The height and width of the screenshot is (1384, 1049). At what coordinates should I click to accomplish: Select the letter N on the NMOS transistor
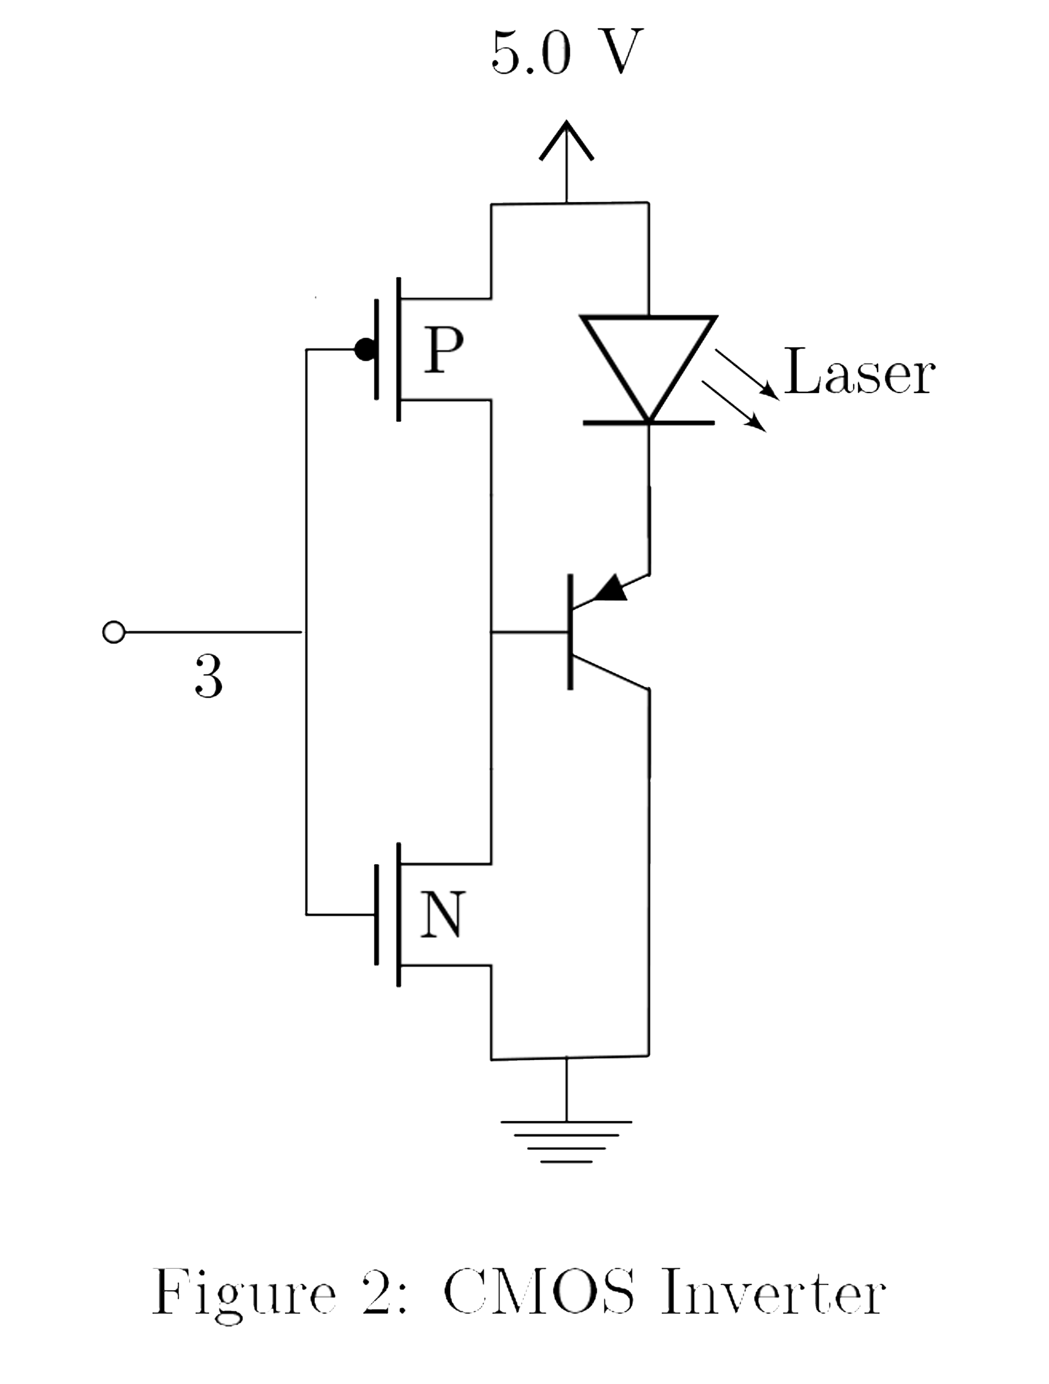tap(442, 914)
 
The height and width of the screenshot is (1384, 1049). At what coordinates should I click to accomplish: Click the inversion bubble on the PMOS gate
tap(365, 349)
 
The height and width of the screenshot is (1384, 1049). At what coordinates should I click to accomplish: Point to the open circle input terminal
tap(114, 632)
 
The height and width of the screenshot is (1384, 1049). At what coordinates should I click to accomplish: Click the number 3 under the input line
tap(208, 677)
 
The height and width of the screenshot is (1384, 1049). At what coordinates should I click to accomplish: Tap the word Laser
tap(859, 373)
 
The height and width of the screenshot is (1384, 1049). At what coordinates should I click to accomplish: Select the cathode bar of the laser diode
tap(648, 423)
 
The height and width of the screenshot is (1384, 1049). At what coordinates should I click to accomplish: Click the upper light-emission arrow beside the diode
tap(748, 374)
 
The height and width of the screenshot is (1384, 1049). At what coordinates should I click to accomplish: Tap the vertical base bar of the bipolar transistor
tap(570, 632)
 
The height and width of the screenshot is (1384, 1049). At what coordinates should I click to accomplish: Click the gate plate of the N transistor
tap(376, 914)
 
